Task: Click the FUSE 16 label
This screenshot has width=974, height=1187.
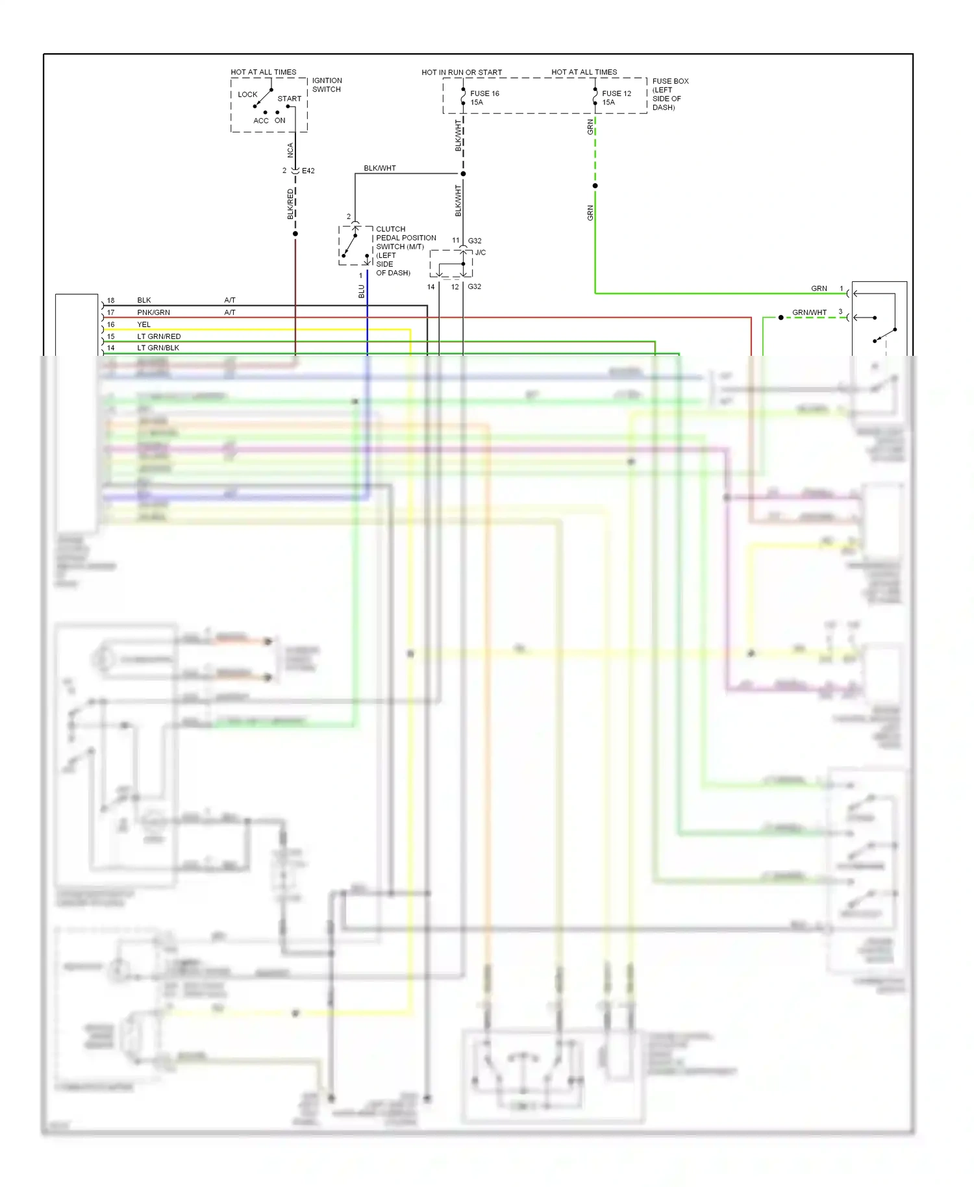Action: pyautogui.click(x=484, y=94)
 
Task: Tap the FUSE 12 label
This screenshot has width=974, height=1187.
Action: pyautogui.click(x=616, y=94)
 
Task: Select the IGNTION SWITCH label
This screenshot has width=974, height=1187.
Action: pyautogui.click(x=327, y=85)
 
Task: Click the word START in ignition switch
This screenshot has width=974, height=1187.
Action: pyautogui.click(x=290, y=99)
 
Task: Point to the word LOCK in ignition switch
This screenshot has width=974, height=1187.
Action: pyautogui.click(x=247, y=94)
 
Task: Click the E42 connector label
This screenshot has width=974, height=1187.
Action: pyautogui.click(x=308, y=171)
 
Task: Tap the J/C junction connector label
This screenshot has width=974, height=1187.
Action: pyautogui.click(x=480, y=253)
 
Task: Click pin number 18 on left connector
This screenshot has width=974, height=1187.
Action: pyautogui.click(x=110, y=301)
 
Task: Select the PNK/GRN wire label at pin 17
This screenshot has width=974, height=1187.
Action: pyautogui.click(x=153, y=312)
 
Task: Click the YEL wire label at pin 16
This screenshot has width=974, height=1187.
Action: pyautogui.click(x=144, y=325)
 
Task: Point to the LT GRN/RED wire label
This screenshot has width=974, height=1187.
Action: pyautogui.click(x=158, y=336)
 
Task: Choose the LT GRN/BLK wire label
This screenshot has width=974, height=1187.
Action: pyautogui.click(x=158, y=348)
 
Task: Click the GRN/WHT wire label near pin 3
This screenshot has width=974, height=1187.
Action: pyautogui.click(x=809, y=312)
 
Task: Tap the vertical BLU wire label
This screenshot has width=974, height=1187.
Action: pyautogui.click(x=362, y=292)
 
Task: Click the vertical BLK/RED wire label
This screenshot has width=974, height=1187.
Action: pyautogui.click(x=290, y=204)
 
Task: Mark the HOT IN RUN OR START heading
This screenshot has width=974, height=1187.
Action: pyautogui.click(x=462, y=72)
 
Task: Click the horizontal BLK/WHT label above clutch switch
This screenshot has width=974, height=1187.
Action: pyautogui.click(x=380, y=168)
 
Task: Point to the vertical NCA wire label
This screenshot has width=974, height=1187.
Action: pyautogui.click(x=290, y=150)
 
